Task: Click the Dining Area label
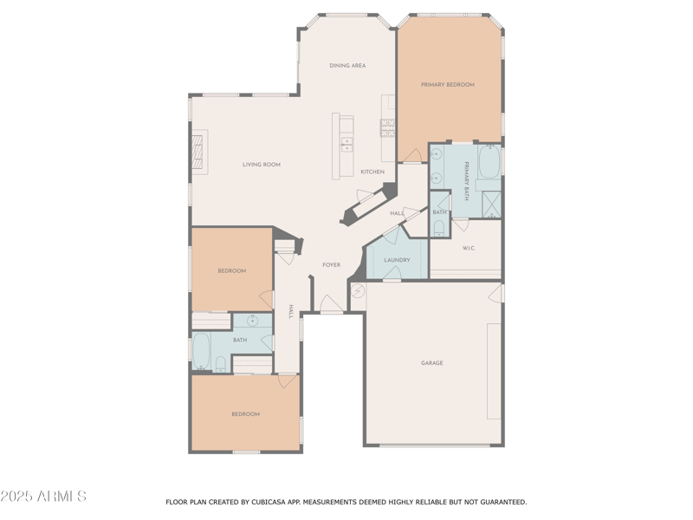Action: tap(347, 65)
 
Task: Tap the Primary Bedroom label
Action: tap(448, 85)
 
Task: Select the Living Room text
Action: tap(261, 165)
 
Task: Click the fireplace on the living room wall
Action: tap(200, 153)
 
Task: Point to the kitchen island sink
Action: tap(346, 144)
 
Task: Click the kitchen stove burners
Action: tap(387, 127)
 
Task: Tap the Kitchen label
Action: tap(372, 172)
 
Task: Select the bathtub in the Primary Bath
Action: tap(489, 161)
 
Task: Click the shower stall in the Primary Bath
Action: tap(491, 204)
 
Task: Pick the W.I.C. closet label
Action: tap(469, 249)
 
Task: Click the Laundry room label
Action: tap(397, 260)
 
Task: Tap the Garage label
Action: tap(432, 363)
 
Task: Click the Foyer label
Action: tap(331, 265)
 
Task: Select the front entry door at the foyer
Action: tap(331, 305)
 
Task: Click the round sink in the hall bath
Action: tap(253, 322)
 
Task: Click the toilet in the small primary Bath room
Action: tap(439, 227)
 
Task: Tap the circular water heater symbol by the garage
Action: tap(357, 291)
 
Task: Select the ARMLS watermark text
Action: tap(43, 497)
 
